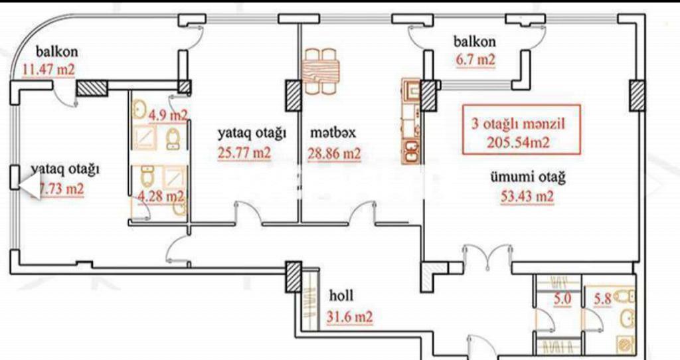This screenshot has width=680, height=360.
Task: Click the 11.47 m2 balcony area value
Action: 48,68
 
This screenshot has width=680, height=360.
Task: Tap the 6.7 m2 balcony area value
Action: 475,59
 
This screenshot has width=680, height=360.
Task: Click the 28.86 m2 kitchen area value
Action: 334,154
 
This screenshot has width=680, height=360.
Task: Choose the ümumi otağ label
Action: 528,177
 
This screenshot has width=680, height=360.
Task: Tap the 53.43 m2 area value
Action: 527,196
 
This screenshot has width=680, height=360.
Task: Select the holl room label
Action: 341,296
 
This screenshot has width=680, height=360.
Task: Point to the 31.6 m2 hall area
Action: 350,317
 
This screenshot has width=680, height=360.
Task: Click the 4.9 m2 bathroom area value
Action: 167,115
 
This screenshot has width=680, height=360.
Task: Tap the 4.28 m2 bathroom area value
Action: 162,196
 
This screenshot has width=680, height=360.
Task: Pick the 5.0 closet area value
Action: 562,299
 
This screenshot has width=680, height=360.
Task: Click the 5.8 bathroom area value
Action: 603,299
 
